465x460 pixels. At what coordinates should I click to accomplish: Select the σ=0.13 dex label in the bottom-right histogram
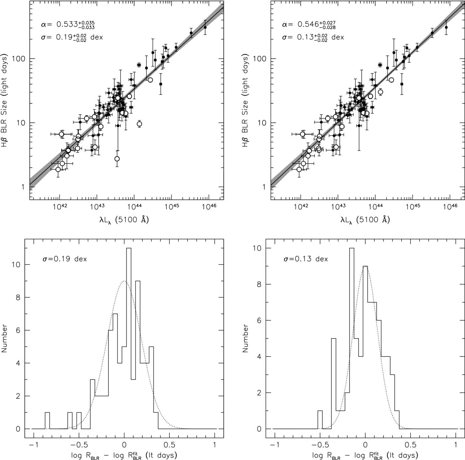(x=306, y=259)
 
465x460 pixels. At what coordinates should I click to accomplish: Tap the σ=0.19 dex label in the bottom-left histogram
(x=64, y=259)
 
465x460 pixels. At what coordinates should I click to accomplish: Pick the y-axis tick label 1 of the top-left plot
(x=23, y=187)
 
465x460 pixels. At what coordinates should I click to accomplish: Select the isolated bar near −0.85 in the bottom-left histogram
(x=47, y=421)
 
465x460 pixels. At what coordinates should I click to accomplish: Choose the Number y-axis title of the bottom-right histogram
(x=245, y=339)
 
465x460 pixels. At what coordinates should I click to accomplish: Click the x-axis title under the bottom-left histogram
(x=124, y=455)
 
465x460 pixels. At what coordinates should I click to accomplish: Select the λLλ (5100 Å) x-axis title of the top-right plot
(x=365, y=219)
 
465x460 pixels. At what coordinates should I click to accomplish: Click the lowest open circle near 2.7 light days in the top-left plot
(x=117, y=159)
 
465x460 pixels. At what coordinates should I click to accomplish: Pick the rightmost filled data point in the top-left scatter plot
(x=205, y=27)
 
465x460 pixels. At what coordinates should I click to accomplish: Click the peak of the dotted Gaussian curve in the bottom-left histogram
(x=124, y=281)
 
